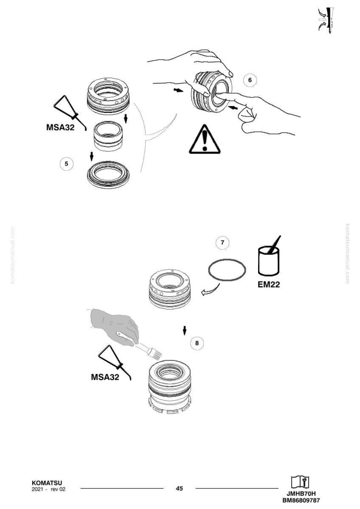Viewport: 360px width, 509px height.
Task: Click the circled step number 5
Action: [67, 164]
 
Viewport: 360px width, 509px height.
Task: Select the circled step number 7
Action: [222, 242]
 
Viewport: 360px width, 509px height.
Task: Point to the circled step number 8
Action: [197, 343]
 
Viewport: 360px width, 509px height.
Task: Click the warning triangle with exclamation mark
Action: [204, 140]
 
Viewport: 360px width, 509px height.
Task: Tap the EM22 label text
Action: [269, 284]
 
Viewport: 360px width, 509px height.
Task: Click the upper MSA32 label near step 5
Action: [60, 127]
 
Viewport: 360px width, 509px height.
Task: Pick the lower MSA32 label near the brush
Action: [105, 377]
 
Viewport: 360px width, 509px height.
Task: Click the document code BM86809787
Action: [301, 500]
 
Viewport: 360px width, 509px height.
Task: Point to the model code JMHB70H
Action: [301, 494]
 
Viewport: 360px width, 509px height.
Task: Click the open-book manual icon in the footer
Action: [300, 482]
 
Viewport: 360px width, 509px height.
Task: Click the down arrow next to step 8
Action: [185, 330]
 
